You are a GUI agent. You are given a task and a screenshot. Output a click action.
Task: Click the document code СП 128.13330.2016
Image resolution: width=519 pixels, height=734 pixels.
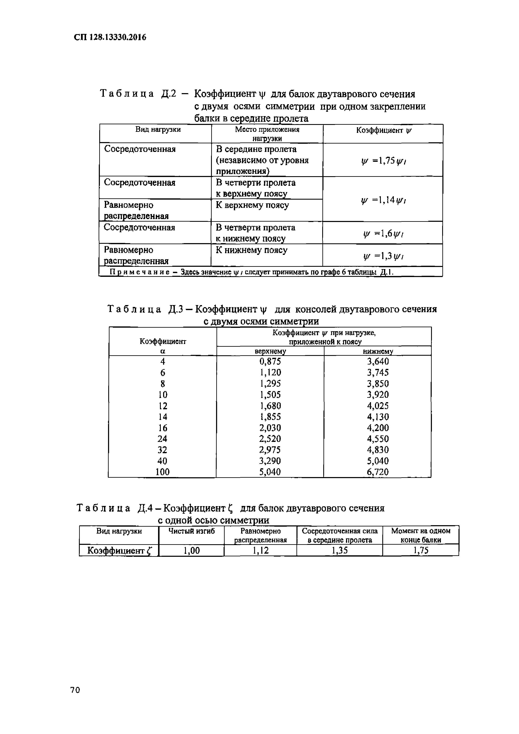pyautogui.click(x=110, y=37)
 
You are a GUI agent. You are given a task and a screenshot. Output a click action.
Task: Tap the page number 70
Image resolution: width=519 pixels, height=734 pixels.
pyautogui.click(x=75, y=699)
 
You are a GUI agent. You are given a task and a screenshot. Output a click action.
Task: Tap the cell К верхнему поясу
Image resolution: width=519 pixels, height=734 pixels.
pyautogui.click(x=252, y=205)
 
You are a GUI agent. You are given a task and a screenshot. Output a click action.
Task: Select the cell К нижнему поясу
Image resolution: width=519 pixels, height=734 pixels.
pyautogui.click(x=251, y=250)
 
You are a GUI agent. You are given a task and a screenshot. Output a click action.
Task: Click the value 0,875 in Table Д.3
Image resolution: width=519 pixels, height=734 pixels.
pyautogui.click(x=270, y=362)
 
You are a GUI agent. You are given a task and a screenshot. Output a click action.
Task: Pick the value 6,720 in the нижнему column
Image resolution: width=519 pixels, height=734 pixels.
pyautogui.click(x=378, y=472)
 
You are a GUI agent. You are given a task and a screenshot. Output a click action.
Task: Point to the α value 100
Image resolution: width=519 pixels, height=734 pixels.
pyautogui.click(x=162, y=472)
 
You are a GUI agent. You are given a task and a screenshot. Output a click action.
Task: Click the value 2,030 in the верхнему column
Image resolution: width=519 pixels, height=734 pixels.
pyautogui.click(x=270, y=428)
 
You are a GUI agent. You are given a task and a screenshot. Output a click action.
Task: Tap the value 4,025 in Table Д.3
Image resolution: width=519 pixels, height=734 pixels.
pyautogui.click(x=378, y=406)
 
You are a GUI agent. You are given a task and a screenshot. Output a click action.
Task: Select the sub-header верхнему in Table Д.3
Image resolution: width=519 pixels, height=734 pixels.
pyautogui.click(x=270, y=351)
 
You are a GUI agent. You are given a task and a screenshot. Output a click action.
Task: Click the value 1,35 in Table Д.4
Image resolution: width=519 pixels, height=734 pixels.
pyautogui.click(x=340, y=550)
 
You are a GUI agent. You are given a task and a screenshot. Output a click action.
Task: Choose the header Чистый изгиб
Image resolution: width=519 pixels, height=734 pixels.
pyautogui.click(x=192, y=531)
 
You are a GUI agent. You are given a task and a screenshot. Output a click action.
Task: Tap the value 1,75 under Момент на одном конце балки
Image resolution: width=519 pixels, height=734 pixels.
pyautogui.click(x=421, y=550)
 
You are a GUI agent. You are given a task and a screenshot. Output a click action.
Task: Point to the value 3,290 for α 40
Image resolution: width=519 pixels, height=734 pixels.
pyautogui.click(x=270, y=461)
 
